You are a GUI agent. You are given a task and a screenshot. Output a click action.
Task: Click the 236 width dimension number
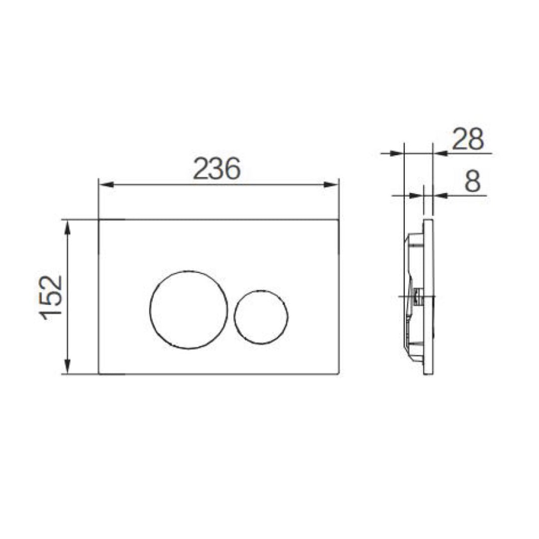pos(217,169)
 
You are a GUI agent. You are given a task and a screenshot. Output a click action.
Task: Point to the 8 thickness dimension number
pos(472,182)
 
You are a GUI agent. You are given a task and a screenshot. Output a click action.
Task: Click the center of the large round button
pos(188,310)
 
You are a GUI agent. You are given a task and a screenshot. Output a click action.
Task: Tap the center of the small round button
pos(261,316)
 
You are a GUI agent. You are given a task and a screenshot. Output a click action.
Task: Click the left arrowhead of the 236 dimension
pos(106,185)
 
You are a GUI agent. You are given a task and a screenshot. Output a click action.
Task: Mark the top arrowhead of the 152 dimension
pos(67,228)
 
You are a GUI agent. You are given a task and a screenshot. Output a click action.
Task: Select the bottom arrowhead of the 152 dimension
pos(67,366)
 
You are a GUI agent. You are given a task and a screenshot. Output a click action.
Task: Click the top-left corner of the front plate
pos(99,219)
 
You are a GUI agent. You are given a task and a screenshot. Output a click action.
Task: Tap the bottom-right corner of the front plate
pos(340,374)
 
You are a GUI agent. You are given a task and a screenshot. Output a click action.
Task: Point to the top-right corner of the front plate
pos(340,219)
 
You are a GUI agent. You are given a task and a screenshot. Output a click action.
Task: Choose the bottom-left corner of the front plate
pos(99,374)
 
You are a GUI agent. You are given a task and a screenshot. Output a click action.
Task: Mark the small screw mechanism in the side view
pos(416,298)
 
